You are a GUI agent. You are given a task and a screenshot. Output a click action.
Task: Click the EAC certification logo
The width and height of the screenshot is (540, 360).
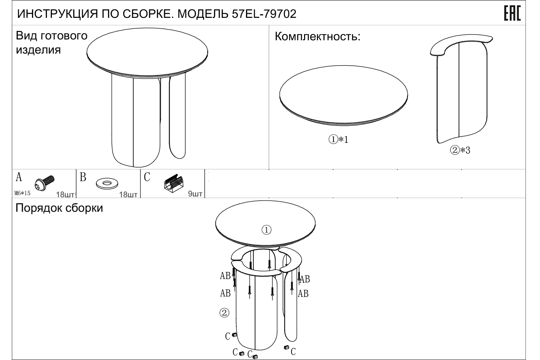pyautogui.click(x=512, y=13)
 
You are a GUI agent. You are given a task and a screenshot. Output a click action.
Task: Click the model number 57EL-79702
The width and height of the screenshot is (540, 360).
pyautogui.click(x=264, y=14)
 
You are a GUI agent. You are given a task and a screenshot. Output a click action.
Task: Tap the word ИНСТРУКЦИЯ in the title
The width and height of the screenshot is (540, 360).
pyautogui.click(x=58, y=14)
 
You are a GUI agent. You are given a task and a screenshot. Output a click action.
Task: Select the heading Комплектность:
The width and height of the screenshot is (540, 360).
pyautogui.click(x=317, y=37)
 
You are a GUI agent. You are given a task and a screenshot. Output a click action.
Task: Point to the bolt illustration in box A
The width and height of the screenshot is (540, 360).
pyautogui.click(x=44, y=183)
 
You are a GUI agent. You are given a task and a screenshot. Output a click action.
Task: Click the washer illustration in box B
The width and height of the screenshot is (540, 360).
pyautogui.click(x=107, y=184)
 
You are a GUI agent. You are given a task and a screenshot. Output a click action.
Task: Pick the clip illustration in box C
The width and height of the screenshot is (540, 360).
pyautogui.click(x=173, y=184)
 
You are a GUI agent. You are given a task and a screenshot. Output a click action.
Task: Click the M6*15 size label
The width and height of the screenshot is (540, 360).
pyautogui.click(x=22, y=193)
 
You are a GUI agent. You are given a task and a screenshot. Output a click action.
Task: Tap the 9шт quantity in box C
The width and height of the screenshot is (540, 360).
pyautogui.click(x=195, y=194)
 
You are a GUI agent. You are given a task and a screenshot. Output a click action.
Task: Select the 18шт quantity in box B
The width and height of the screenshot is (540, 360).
pyautogui.click(x=128, y=194)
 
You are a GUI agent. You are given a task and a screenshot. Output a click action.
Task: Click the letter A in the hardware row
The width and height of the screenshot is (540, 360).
pyautogui.click(x=19, y=177)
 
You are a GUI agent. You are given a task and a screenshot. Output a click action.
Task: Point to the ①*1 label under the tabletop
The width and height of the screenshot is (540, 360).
pyautogui.click(x=339, y=139)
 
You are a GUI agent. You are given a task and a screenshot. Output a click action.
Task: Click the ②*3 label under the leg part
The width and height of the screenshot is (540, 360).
pyautogui.click(x=460, y=150)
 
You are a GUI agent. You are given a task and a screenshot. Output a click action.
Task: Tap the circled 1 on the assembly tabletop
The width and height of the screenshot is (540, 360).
pyautogui.click(x=266, y=230)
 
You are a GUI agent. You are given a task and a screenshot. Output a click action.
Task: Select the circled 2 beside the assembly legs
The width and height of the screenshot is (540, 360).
pyautogui.click(x=224, y=313)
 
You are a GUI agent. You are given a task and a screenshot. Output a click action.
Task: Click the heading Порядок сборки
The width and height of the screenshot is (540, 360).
pyautogui.click(x=59, y=208)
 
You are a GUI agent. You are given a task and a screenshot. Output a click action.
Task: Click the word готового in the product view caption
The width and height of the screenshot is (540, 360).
pyautogui.click(x=64, y=36)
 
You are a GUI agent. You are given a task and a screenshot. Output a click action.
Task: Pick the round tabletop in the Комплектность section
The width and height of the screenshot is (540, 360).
pyautogui.click(x=344, y=96)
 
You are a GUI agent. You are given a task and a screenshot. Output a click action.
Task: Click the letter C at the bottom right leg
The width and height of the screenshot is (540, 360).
pyautogui.click(x=293, y=352)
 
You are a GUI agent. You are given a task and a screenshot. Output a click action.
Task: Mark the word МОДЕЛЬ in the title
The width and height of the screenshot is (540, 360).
pyautogui.click(x=203, y=14)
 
